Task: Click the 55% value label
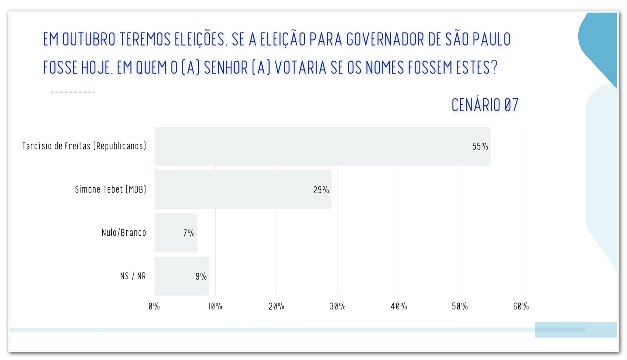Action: (480, 147)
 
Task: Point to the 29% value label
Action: (321, 190)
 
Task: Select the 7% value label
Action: (189, 233)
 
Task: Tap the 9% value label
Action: (201, 277)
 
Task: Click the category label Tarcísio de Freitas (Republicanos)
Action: (84, 146)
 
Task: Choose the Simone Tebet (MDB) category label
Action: (110, 190)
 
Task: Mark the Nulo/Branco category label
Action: (124, 233)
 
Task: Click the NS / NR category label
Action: (133, 276)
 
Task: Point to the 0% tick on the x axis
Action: (154, 307)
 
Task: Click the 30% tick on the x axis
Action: (337, 307)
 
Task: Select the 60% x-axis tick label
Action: (521, 307)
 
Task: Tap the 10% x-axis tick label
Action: (215, 307)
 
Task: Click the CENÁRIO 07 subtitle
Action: (485, 105)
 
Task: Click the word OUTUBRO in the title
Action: (89, 40)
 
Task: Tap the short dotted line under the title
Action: (73, 92)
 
